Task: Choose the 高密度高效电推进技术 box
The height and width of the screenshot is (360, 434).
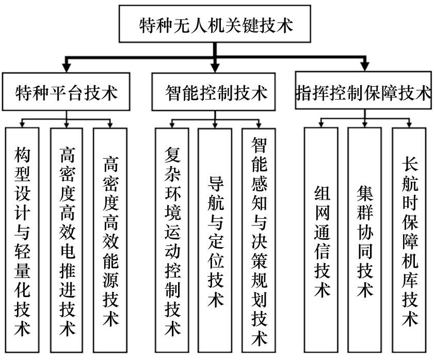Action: point(67,240)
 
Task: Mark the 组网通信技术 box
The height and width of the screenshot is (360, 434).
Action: point(321,240)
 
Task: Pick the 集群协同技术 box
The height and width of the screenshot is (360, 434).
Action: point(365,240)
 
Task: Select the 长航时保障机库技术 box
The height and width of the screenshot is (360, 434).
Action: point(409,240)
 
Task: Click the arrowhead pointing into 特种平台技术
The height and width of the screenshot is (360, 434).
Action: point(66,69)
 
